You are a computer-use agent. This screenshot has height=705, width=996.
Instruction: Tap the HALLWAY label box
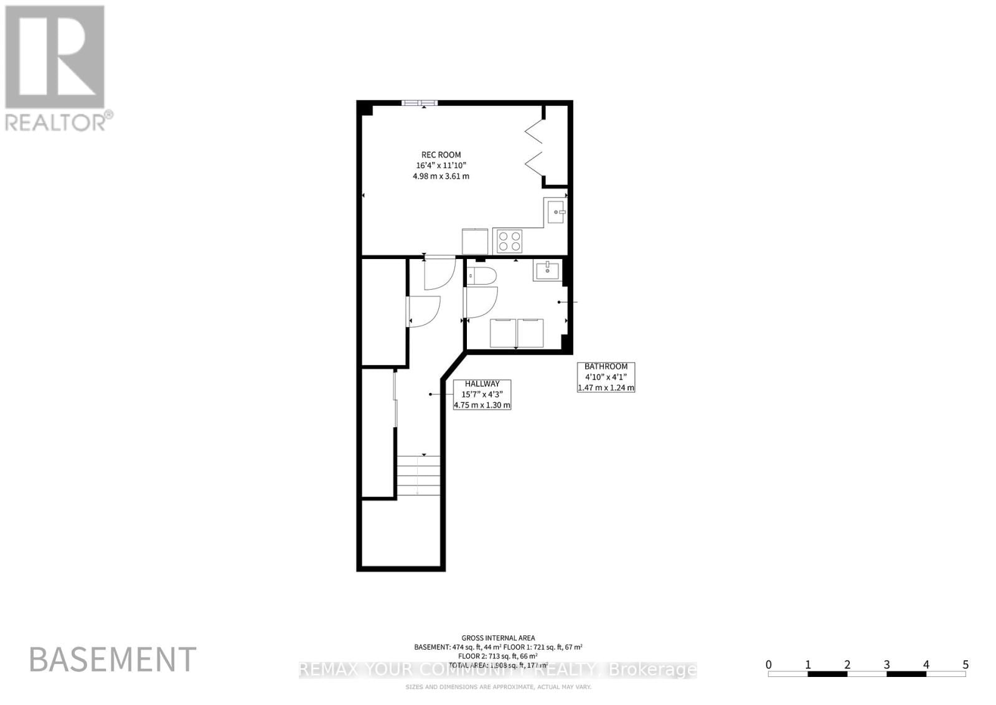[482, 394]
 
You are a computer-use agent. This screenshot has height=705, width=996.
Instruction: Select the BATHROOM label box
[606, 377]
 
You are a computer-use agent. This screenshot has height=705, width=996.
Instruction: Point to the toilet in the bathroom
[481, 276]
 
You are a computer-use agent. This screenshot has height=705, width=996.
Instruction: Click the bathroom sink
[547, 270]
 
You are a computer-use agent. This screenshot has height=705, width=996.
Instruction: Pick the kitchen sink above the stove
[555, 212]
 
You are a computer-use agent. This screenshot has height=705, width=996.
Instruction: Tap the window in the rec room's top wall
[419, 103]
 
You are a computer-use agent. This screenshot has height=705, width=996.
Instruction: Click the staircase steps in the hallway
[418, 475]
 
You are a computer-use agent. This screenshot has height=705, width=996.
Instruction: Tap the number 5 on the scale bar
[965, 665]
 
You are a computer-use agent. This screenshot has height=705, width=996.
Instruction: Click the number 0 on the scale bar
[769, 665]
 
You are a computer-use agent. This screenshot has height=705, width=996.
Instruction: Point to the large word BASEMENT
[113, 659]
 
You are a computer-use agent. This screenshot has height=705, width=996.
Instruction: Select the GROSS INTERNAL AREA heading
[498, 638]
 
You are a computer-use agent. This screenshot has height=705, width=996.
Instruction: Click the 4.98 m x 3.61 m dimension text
[441, 176]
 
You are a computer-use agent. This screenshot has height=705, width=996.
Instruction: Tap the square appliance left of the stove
[475, 241]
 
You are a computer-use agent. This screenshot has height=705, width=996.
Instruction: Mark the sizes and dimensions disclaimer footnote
[498, 687]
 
